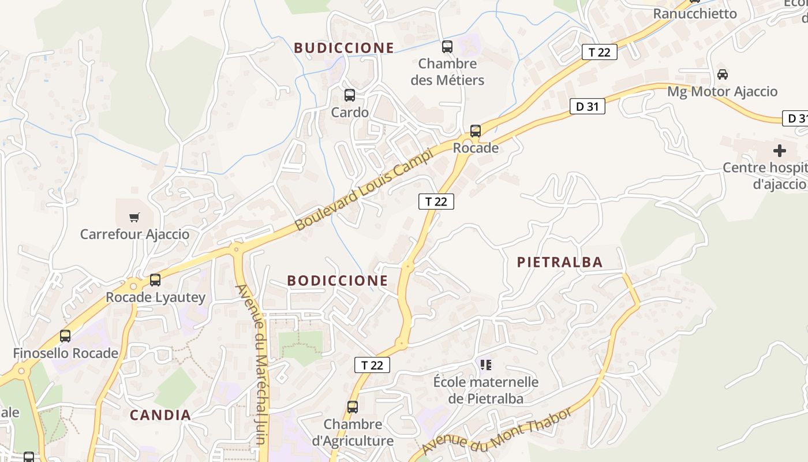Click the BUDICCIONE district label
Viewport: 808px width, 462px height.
344,48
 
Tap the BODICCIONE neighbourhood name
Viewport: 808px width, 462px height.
338,281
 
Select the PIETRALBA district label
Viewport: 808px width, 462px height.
560,262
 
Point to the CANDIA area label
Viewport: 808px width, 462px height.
160,415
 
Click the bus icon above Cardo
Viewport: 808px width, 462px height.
350,95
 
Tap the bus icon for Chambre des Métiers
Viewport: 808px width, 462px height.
447,47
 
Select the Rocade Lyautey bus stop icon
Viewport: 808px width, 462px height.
155,280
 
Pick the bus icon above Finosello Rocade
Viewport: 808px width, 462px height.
65,336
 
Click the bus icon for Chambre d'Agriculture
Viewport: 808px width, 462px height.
353,407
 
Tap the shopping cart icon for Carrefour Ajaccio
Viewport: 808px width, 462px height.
134,218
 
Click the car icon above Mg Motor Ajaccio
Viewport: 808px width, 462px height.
722,74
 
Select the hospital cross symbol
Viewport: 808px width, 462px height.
780,151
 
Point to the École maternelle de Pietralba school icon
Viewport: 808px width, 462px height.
486,365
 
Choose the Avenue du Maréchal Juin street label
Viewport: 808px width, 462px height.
254,364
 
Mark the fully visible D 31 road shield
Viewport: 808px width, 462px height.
587,106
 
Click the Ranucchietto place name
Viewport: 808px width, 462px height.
695,13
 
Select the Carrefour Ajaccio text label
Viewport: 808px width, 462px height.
134,234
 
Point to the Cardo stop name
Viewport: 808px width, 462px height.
350,112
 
